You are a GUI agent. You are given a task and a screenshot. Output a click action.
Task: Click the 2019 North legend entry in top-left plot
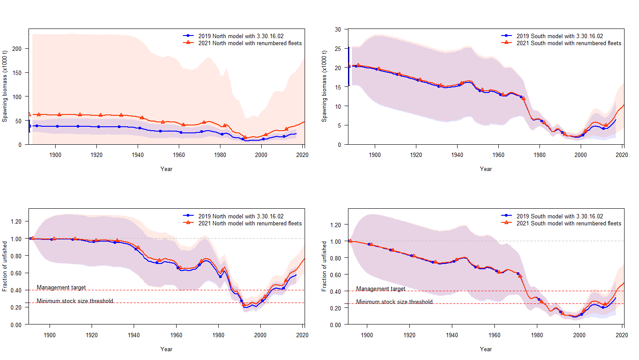241,36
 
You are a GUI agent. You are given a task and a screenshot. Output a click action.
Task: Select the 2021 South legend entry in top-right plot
568,43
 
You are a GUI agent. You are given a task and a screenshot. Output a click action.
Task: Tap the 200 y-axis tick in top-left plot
17,49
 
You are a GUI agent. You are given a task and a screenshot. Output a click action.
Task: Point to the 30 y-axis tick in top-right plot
338,29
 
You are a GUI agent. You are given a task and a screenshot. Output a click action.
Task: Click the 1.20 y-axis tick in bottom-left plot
16,221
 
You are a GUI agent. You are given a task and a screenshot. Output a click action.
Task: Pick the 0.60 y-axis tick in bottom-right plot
335,275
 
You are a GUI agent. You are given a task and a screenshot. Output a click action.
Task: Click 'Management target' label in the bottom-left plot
61,288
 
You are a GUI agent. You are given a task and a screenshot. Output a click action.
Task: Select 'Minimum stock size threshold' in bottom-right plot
394,302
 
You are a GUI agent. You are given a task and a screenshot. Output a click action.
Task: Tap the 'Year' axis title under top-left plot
166,169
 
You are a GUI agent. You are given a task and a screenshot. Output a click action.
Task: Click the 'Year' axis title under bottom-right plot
486,349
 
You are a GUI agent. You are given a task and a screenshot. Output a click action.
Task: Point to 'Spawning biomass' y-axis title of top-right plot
324,86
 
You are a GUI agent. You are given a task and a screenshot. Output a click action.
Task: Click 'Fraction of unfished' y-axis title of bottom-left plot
5,266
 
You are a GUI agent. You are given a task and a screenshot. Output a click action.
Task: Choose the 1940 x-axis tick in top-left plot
138,155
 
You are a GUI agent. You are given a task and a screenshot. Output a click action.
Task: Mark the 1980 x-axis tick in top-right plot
540,155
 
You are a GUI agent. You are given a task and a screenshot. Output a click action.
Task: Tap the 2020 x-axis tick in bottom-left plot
302,335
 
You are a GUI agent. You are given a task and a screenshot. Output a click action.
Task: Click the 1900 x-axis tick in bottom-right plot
367,335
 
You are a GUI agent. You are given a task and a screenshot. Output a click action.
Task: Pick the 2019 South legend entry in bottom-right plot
559,216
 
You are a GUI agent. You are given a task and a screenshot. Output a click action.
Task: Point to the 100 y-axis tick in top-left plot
17,97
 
